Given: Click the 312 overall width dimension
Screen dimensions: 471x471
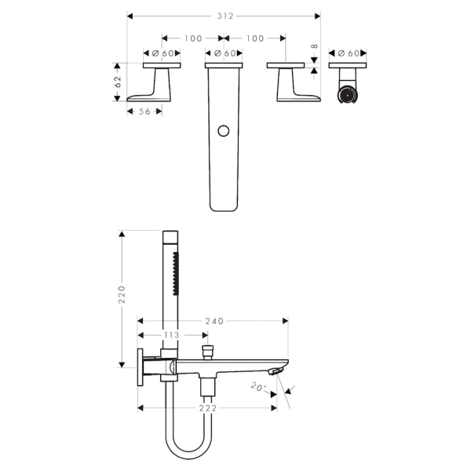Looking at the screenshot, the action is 225,16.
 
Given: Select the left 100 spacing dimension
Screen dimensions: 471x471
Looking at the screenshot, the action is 193,38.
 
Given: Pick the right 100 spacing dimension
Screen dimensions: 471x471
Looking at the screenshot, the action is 255,38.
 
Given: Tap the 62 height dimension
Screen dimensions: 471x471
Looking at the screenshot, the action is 118,82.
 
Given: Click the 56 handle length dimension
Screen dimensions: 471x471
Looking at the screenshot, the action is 144,111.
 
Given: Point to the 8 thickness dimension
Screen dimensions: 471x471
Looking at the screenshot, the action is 314,46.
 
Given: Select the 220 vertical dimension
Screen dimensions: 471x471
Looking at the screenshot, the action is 122,294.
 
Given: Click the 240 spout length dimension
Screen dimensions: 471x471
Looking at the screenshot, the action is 214,321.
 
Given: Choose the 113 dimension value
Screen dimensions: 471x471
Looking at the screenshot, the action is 171,335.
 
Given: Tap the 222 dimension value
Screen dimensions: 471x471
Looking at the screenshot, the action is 207,408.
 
